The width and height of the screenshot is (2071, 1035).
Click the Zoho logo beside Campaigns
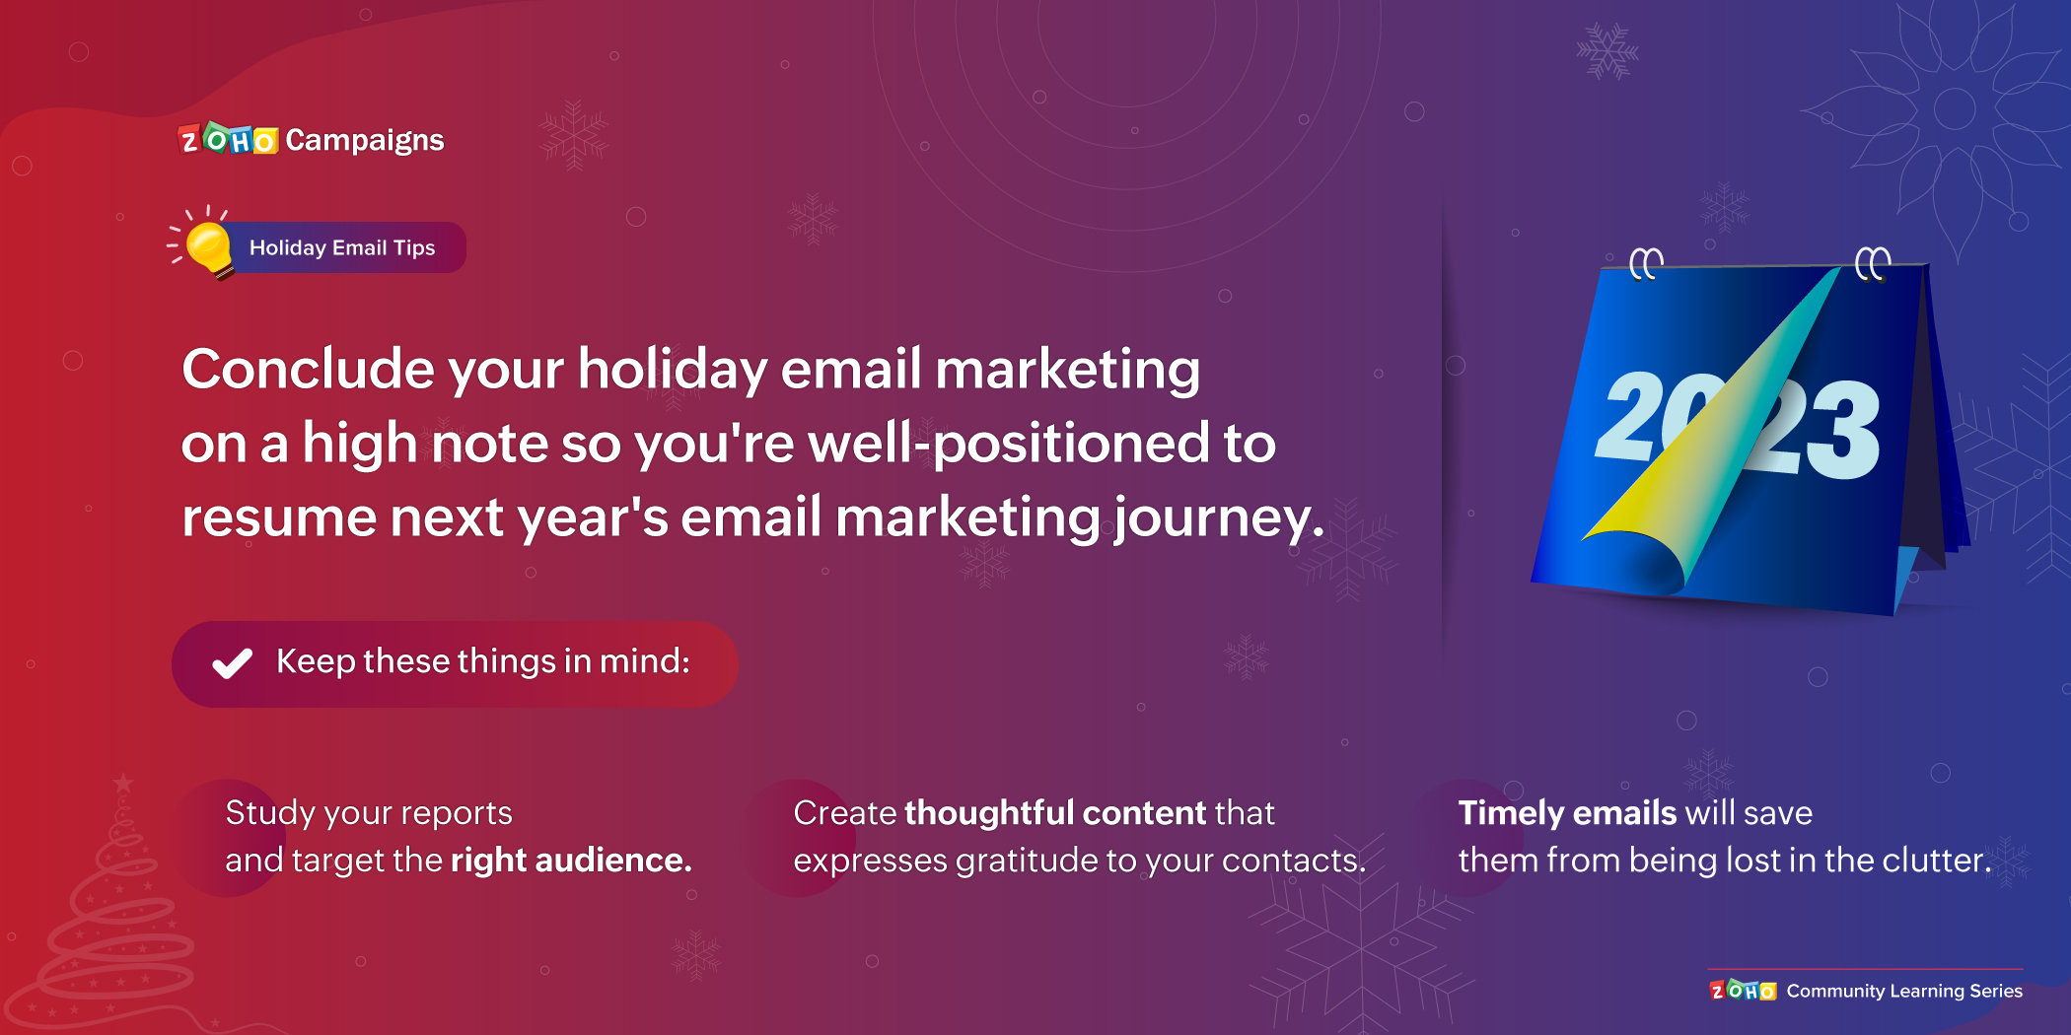[228, 140]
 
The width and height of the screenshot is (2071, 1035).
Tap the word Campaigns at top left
[365, 140]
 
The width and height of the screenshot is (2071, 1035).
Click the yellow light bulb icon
[208, 246]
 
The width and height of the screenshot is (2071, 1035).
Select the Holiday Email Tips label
[342, 247]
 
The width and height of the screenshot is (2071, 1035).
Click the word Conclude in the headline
[308, 370]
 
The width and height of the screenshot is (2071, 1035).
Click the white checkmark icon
[233, 663]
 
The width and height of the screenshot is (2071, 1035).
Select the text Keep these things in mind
[483, 661]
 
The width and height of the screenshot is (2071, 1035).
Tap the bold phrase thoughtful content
[1054, 813]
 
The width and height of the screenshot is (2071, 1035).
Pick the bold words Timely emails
[1567, 813]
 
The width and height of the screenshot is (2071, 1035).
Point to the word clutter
[1934, 861]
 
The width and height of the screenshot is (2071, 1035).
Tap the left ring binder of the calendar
[1646, 263]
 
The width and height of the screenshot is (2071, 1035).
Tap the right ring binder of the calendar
[1872, 263]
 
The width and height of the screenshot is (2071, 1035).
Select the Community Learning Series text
[1903, 991]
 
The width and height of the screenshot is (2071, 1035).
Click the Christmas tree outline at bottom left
[113, 917]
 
